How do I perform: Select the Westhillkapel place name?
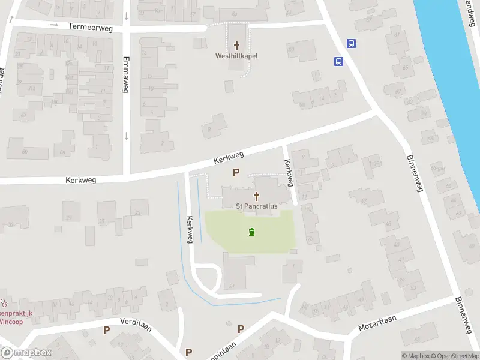[236, 56]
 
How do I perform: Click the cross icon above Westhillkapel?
[236, 46]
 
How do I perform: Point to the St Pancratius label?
[257, 206]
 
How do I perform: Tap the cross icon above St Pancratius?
[257, 196]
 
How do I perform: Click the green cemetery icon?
[251, 232]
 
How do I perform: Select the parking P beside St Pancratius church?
[236, 173]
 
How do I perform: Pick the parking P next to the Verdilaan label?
[107, 330]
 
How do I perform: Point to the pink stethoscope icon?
[5, 304]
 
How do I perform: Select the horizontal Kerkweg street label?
[81, 179]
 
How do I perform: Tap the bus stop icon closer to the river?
[352, 43]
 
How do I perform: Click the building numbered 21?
[232, 285]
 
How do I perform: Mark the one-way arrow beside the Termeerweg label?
[54, 25]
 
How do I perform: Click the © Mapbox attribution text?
[416, 356]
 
